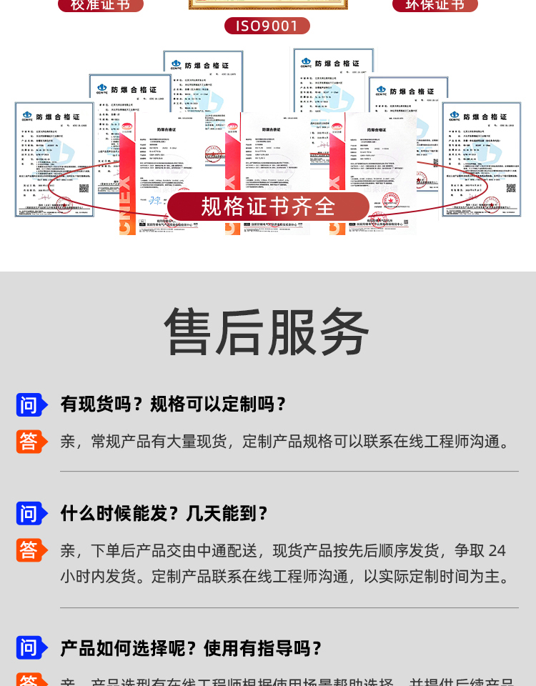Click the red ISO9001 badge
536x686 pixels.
(x=267, y=26)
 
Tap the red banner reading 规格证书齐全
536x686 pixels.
(x=268, y=207)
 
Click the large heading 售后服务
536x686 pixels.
(x=267, y=332)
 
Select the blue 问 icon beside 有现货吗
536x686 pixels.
(x=30, y=404)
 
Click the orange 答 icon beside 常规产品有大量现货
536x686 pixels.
(x=30, y=442)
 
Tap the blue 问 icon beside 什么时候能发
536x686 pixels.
(x=30, y=513)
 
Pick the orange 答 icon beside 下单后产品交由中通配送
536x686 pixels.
(x=30, y=550)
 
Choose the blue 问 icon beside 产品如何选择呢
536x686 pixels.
(x=30, y=648)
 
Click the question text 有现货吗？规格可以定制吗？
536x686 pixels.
(x=174, y=404)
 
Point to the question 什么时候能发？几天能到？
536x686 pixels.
(x=164, y=513)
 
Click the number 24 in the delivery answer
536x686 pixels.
(x=497, y=551)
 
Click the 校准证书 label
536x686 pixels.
(x=100, y=5)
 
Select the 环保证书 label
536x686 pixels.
(x=435, y=5)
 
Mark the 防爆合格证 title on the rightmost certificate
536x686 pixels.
(x=485, y=116)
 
